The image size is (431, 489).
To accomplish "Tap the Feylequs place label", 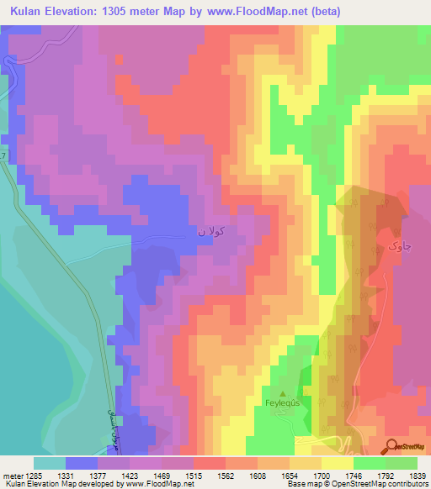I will [283, 403].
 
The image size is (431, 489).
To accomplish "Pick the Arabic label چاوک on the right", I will [398, 245].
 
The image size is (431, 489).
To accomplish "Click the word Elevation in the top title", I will [70, 12].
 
